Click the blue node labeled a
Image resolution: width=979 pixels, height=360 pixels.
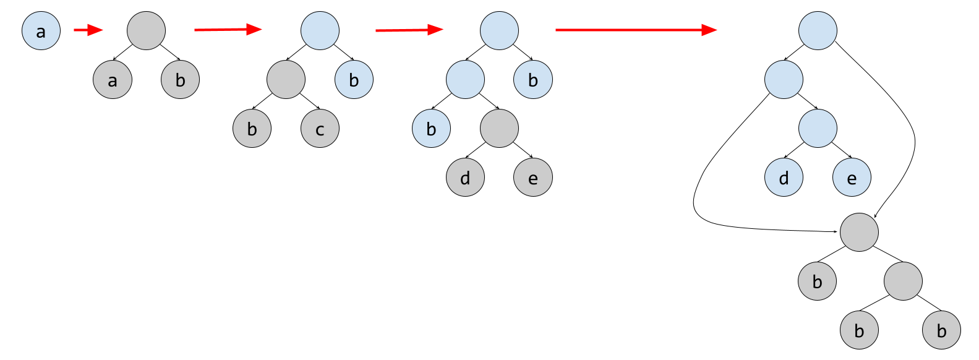click(x=41, y=31)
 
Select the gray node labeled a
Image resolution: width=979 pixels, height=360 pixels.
click(x=113, y=80)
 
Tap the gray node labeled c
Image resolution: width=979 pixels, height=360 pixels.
click(x=320, y=129)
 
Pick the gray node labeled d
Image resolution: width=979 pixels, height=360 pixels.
click(x=465, y=178)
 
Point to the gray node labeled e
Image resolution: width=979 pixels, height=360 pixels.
click(x=532, y=178)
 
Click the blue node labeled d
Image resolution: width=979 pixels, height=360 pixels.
click(x=784, y=178)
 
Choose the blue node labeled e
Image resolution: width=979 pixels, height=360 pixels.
click(x=852, y=178)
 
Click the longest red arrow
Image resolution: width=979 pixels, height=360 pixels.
click(x=636, y=30)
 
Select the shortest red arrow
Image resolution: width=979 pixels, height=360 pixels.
click(x=88, y=30)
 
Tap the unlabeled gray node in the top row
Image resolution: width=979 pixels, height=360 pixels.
click(x=147, y=31)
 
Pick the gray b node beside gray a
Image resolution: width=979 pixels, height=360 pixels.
click(x=180, y=80)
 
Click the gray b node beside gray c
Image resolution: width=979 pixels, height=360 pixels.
click(x=252, y=129)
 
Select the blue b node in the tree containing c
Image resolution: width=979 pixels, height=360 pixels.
click(x=354, y=80)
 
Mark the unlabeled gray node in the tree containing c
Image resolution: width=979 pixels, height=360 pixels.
click(x=286, y=80)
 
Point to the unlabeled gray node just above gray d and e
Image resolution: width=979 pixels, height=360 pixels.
click(x=499, y=129)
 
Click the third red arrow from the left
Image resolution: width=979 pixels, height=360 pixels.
click(x=409, y=30)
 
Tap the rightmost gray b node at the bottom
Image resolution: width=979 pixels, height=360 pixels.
click(x=941, y=330)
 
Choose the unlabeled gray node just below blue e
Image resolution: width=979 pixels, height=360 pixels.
click(x=859, y=232)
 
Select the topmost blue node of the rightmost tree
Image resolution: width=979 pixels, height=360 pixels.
click(x=818, y=31)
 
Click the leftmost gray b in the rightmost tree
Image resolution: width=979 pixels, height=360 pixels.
click(x=817, y=281)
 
